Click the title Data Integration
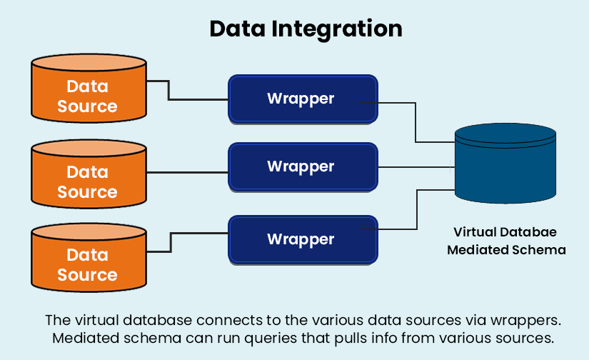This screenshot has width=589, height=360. [x=306, y=29]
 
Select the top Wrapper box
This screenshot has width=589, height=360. [x=301, y=98]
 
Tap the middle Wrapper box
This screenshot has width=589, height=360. [x=301, y=166]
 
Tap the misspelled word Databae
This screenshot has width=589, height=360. [x=530, y=232]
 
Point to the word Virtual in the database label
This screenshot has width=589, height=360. [x=477, y=232]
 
